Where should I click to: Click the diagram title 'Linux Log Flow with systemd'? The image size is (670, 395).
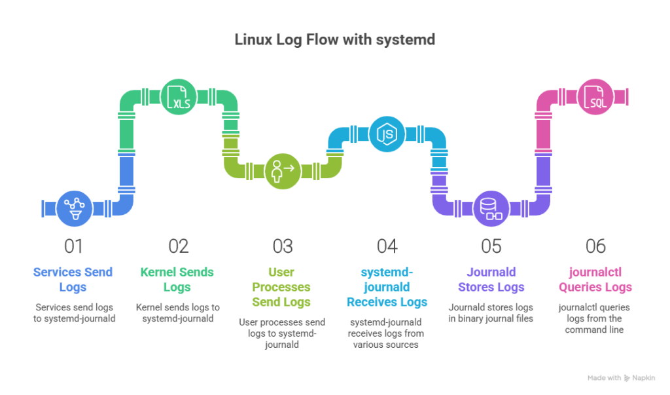pyautogui.click(x=334, y=40)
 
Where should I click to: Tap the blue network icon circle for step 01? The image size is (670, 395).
pyautogui.click(x=75, y=208)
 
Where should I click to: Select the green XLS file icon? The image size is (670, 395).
pyautogui.click(x=179, y=97)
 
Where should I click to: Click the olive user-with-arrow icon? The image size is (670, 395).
pyautogui.click(x=283, y=172)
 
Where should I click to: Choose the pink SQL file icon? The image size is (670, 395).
pyautogui.click(x=595, y=97)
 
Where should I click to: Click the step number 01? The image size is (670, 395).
pyautogui.click(x=73, y=246)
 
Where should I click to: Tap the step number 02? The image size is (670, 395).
pyautogui.click(x=178, y=246)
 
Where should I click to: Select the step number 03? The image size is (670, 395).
pyautogui.click(x=283, y=246)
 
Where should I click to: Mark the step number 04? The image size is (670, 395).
pyautogui.click(x=387, y=246)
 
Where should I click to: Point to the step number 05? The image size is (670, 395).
pyautogui.click(x=491, y=246)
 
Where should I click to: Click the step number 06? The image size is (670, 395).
pyautogui.click(x=595, y=246)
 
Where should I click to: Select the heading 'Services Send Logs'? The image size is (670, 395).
pyautogui.click(x=73, y=280)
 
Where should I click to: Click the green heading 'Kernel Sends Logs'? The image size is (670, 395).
pyautogui.click(x=177, y=280)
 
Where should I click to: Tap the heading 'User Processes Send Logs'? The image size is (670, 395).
pyautogui.click(x=282, y=287)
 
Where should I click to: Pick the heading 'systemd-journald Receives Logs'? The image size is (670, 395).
pyautogui.click(x=387, y=287)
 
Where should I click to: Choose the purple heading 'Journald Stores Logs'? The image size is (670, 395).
pyautogui.click(x=491, y=280)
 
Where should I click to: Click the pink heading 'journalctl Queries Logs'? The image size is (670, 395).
pyautogui.click(x=595, y=280)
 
